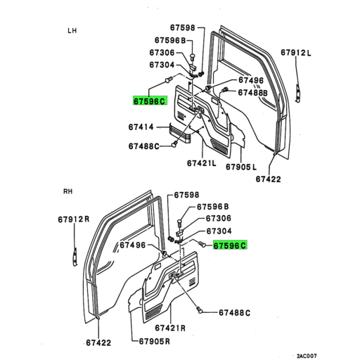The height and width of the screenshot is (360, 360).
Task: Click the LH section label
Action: tap(72, 31)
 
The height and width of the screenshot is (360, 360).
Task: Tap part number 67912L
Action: tap(296, 53)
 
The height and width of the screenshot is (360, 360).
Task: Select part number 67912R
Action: tap(74, 219)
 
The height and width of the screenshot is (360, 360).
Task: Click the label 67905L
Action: tap(242, 167)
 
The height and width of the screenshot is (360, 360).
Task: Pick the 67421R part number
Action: tap(170, 328)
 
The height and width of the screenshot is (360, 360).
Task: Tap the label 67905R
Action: tap(151, 342)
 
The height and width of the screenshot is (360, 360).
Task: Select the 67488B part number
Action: tap(252, 92)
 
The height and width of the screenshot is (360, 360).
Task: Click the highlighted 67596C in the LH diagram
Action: tap(149, 101)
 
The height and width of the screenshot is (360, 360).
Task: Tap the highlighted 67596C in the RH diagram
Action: tap(230, 245)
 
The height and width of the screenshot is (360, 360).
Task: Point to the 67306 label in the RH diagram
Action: tap(218, 219)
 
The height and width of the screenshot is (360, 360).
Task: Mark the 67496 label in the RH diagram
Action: tap(132, 245)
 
